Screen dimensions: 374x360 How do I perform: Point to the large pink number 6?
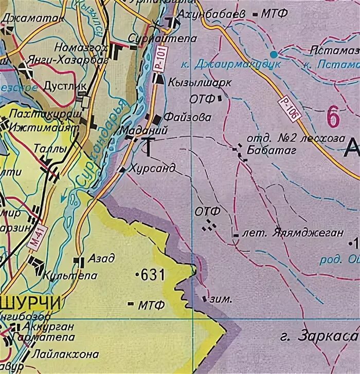(x=333, y=118)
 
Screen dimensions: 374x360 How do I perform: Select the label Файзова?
(x=188, y=117)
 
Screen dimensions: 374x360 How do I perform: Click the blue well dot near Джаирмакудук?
(x=274, y=54)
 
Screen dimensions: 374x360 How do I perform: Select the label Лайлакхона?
(x=65, y=354)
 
